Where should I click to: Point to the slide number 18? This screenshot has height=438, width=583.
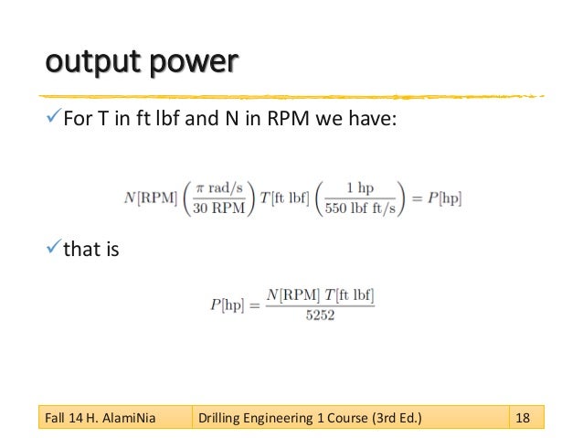pyautogui.click(x=524, y=419)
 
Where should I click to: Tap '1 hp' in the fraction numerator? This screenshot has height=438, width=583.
pyautogui.click(x=362, y=187)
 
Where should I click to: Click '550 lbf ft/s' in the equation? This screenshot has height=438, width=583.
pyautogui.click(x=362, y=207)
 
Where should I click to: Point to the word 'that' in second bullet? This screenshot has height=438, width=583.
pyautogui.click(x=79, y=245)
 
